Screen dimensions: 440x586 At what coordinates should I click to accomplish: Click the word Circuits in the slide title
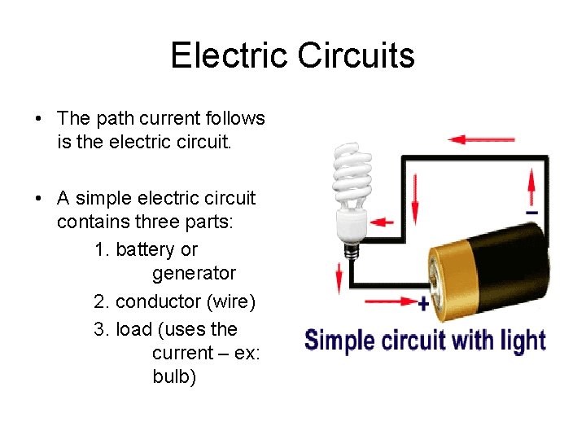click(356, 55)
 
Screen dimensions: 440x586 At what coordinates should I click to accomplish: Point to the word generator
click(194, 274)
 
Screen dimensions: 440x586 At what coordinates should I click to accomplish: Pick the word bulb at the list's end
click(174, 377)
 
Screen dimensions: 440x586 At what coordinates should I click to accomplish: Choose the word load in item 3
click(133, 329)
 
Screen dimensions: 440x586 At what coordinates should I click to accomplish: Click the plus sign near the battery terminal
click(423, 303)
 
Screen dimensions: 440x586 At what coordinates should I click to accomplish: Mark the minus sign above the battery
click(531, 213)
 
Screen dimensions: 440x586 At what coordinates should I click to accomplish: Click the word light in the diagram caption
click(523, 340)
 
